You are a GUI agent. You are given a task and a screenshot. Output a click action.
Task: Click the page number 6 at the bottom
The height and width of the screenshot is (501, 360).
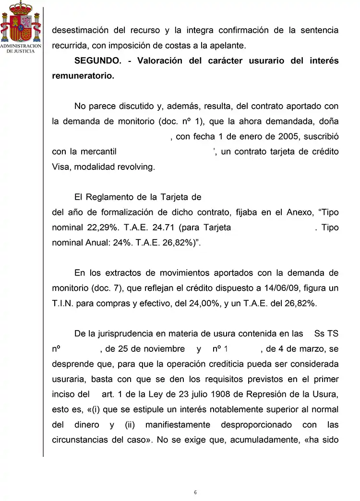pyautogui.click(x=195, y=492)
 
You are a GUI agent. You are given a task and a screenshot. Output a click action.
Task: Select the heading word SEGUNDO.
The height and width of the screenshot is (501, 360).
pyautogui.click(x=97, y=61)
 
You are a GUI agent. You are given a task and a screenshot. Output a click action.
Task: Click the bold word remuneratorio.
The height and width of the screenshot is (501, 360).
pyautogui.click(x=83, y=76)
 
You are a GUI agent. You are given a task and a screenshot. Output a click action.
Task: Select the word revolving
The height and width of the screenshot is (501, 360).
pyautogui.click(x=137, y=167)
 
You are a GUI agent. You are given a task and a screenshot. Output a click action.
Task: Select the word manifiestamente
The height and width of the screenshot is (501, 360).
pyautogui.click(x=178, y=425)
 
